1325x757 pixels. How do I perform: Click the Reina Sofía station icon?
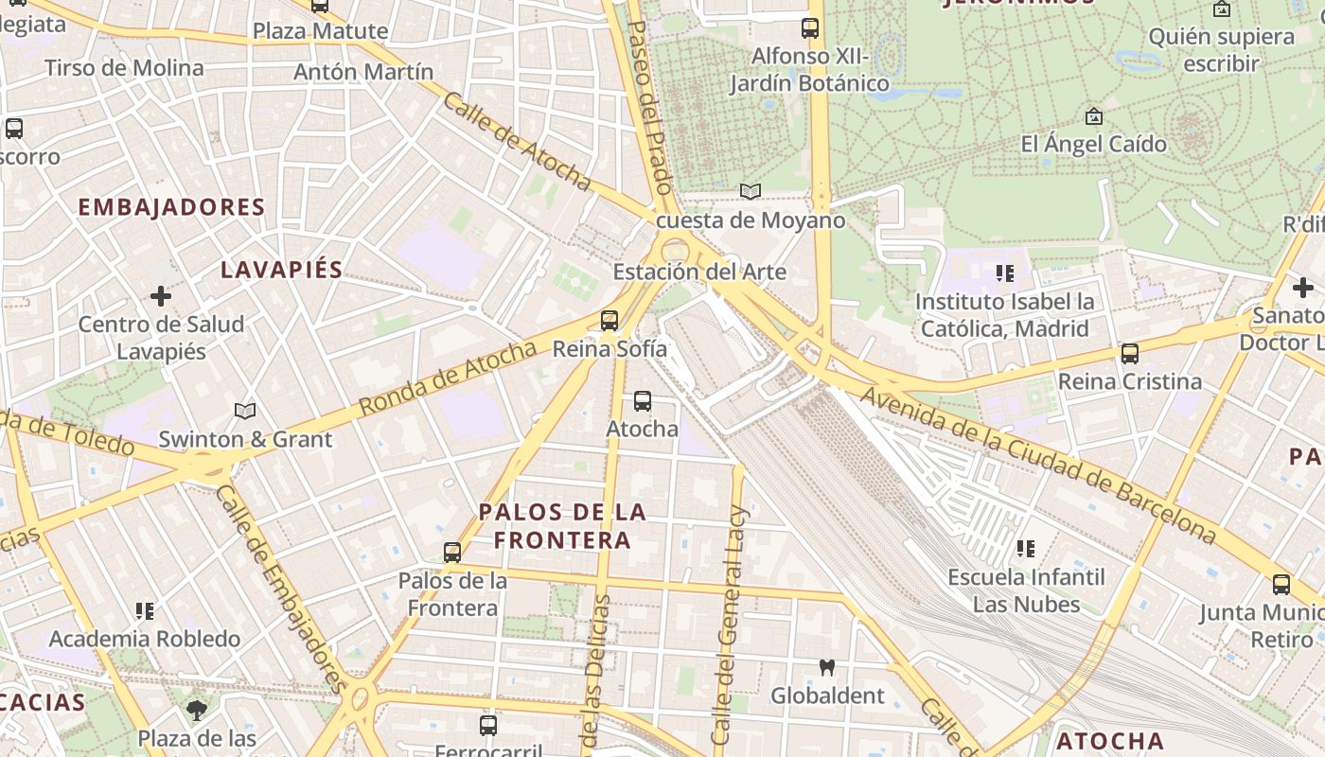coord(609,321)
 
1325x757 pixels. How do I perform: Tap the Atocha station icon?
coord(643,401)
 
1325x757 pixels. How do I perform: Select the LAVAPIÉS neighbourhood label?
coord(281,270)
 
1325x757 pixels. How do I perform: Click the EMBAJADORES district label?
coord(171,207)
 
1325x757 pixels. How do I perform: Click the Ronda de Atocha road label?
coord(449,379)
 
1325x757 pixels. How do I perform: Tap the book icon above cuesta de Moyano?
coord(751,192)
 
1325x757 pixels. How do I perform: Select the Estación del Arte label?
coord(699,273)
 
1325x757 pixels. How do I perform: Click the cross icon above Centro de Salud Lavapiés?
coord(161,296)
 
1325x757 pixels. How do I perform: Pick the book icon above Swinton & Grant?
coord(245,411)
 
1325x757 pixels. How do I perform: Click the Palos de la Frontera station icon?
coord(452,552)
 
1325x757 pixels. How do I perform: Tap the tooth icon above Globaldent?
coord(826,668)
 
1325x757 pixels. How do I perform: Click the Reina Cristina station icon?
coord(1129,354)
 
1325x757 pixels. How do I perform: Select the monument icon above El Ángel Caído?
coord(1094,116)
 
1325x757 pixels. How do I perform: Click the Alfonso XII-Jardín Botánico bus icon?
coord(810,28)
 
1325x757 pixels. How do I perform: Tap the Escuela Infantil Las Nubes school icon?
coord(1025,548)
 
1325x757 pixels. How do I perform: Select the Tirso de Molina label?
coord(124,68)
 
